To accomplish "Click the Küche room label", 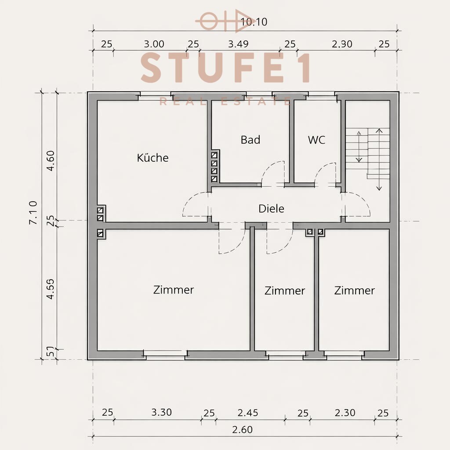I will [152, 158].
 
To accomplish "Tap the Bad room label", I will [250, 140].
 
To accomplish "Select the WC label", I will [316, 140].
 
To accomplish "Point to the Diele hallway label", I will [271, 208].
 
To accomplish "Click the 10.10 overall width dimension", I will [254, 22].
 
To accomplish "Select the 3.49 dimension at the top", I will [239, 44].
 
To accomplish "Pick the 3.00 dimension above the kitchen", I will [154, 44].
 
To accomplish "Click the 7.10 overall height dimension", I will [33, 213].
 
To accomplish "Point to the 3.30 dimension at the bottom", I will [161, 412].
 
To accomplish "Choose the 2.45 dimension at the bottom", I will [248, 413].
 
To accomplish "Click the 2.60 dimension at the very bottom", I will [242, 429].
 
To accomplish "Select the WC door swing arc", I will [325, 173].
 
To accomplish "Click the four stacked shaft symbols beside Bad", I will [214, 167].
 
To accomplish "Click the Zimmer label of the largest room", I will [174, 290].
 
